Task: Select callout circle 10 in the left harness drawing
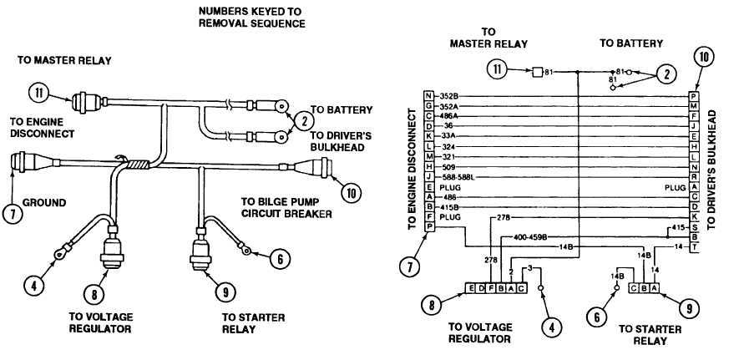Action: point(353,193)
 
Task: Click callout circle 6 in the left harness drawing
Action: point(281,259)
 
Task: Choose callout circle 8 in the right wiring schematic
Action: point(431,306)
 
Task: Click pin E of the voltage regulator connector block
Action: point(471,288)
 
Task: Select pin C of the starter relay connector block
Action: point(634,288)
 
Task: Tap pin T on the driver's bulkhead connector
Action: point(694,248)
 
